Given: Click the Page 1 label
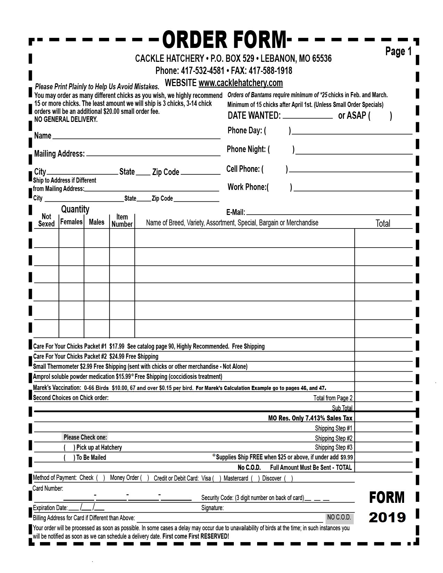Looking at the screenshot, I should point(398,51).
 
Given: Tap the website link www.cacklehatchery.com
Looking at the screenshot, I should point(240,83).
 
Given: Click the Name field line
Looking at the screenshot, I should point(136,136).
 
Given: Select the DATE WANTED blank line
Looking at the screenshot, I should point(308,116).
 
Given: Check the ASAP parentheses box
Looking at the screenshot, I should point(380,116).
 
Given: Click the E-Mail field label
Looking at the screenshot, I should point(236,212).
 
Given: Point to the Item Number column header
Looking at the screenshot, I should point(122,221).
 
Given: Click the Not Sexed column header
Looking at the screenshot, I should point(46,220).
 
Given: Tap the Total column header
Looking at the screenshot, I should point(383,223).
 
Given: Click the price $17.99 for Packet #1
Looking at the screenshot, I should point(116,346).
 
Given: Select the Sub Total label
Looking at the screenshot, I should point(342,408).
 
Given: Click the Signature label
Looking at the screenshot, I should point(212,508).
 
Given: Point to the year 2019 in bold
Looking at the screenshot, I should point(387,517).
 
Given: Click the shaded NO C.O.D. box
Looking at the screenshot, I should point(339,517).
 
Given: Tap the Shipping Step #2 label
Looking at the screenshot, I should point(334,438).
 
